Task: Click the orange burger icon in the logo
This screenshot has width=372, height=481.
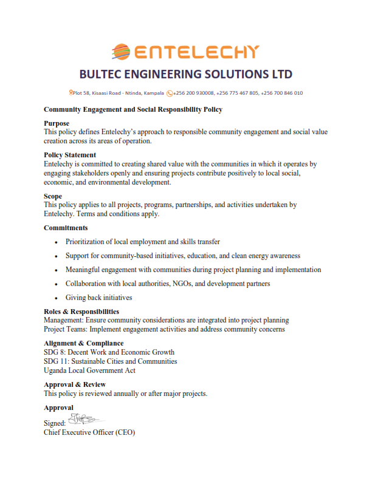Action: [x=121, y=52]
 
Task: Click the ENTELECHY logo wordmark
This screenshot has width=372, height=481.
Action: [x=196, y=52]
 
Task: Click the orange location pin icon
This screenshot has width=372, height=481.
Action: [x=71, y=93]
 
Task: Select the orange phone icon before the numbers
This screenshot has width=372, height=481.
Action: [x=170, y=93]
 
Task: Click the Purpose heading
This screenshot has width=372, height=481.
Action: [x=57, y=123]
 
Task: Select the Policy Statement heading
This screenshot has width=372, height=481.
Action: [x=70, y=155]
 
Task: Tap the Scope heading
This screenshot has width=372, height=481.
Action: [x=53, y=196]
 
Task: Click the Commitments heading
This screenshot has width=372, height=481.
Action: [x=66, y=228]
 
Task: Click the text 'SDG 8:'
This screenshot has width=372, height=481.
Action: [x=55, y=352]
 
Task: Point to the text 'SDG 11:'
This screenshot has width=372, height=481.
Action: [x=57, y=361]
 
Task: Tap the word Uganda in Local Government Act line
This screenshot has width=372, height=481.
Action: [x=56, y=370]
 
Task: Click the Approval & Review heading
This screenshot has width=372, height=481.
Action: [x=75, y=384]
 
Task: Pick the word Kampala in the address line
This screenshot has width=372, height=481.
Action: [x=152, y=93]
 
